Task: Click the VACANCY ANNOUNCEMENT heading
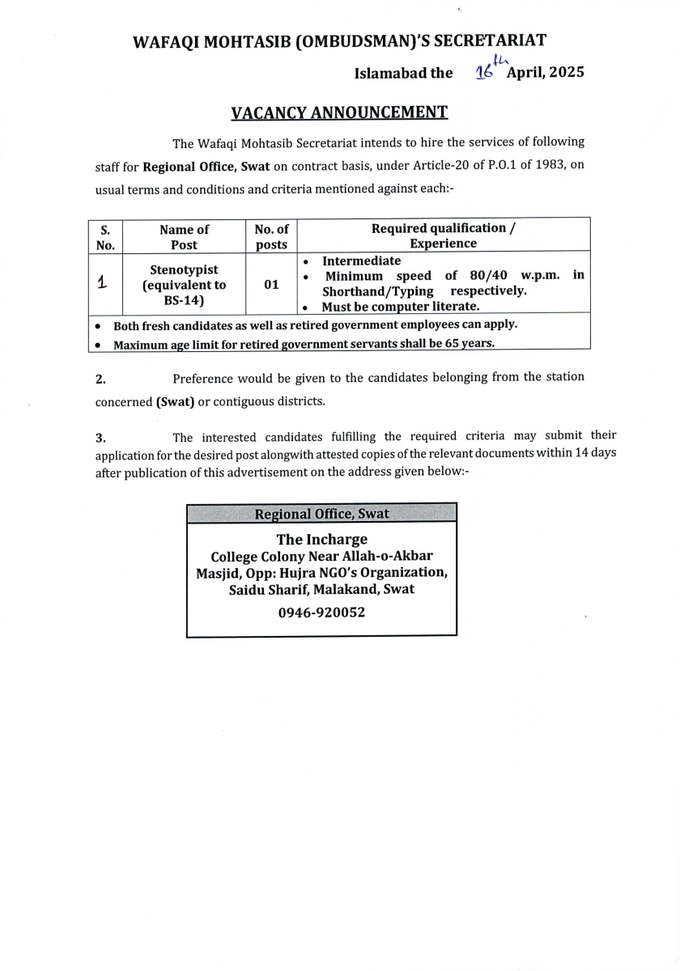[339, 112]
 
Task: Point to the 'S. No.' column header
[104, 236]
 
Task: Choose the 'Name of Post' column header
[184, 236]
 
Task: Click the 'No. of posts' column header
[271, 236]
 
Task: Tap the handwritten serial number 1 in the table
[102, 283]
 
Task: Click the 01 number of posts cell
[271, 285]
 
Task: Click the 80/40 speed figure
[488, 275]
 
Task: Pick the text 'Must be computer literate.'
[401, 307]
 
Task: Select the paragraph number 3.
[100, 439]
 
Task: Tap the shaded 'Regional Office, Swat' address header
[321, 514]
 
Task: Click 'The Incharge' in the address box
[321, 539]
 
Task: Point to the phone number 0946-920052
[321, 613]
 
